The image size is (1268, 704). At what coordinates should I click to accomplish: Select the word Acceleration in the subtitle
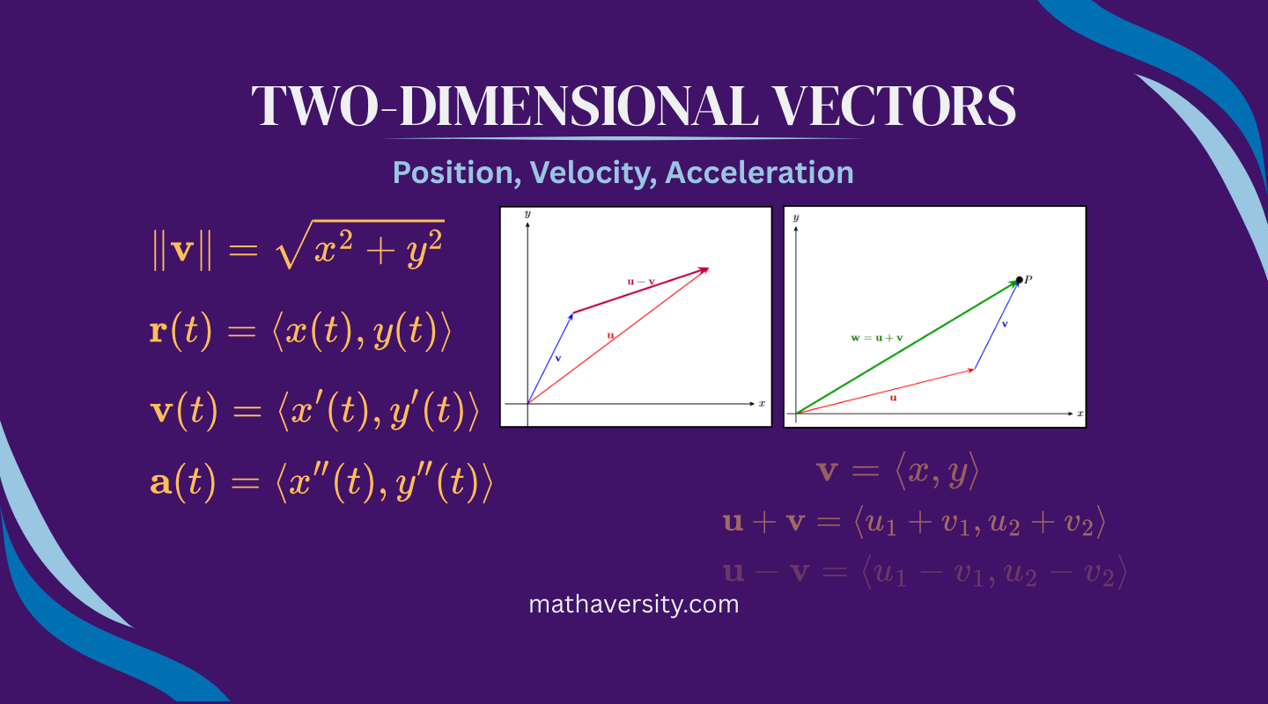pos(759,172)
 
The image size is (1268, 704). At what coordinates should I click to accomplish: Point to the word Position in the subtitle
pos(453,172)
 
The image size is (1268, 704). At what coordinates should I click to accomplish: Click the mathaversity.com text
pos(633,605)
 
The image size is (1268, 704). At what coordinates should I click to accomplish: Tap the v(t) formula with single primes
pos(314,410)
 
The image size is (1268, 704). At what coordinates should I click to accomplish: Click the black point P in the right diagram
pos(1019,280)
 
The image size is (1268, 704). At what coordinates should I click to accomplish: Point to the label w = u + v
pos(877,337)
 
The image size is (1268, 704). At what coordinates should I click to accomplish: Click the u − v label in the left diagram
pos(641,282)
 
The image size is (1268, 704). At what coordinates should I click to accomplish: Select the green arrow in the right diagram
pos(907,347)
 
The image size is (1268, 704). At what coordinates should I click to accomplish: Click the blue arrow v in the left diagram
pos(551,356)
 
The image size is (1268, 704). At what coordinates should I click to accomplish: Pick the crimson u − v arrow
pos(641,291)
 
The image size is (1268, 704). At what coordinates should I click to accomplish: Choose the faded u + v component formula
pos(914,524)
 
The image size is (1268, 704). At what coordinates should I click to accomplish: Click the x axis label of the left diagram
pos(762,404)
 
